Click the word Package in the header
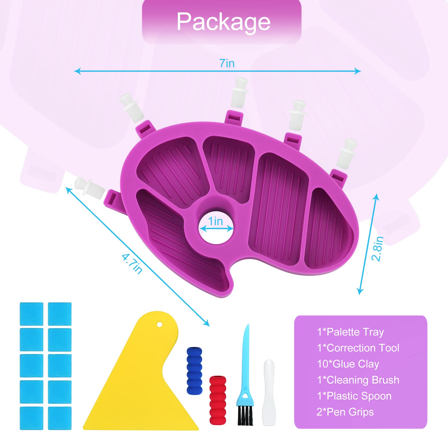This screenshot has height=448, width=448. tap(223, 22)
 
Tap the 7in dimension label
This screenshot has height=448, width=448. tap(227, 64)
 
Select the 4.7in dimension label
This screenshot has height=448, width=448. tap(132, 263)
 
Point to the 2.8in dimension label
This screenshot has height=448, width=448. tap(377, 249)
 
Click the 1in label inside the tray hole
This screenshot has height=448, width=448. tap(215, 221)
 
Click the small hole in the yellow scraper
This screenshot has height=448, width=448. tap(160, 325)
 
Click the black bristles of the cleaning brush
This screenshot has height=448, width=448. tap(245, 416)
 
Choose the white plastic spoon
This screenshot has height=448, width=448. tap(269, 393)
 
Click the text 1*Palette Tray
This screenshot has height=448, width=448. tap(350, 332)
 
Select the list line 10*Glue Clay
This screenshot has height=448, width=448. tap(348, 364)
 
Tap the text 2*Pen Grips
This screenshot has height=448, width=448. tap(345, 412)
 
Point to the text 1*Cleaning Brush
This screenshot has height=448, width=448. tap(358, 380)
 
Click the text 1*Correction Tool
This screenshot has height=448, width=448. tap(358, 348)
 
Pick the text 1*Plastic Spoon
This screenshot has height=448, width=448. tap(354, 396)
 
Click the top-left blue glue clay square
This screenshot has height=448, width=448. tap(32, 314)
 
